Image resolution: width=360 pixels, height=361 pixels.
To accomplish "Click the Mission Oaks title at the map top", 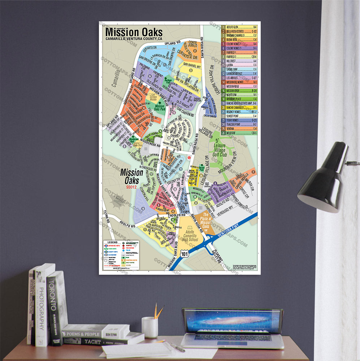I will (134, 32).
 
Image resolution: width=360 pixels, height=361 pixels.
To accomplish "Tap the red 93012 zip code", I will (131, 187).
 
